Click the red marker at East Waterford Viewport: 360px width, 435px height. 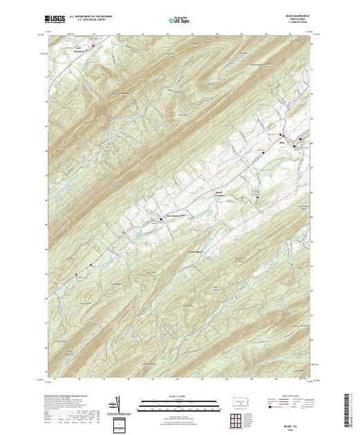93,46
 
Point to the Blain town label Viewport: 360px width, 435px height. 283,142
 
